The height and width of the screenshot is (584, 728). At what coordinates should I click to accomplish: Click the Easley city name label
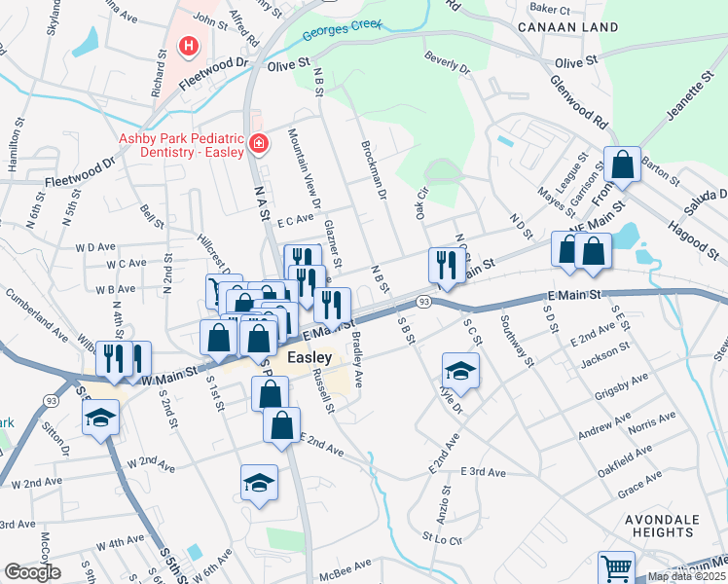point(309,357)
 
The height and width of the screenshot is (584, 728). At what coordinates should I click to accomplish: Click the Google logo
point(32,572)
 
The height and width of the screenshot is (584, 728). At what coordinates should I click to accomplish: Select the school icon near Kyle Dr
point(460,370)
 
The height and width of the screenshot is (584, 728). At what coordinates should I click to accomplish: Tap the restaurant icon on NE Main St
point(447,265)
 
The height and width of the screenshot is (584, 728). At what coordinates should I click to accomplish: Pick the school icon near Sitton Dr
point(99,419)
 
